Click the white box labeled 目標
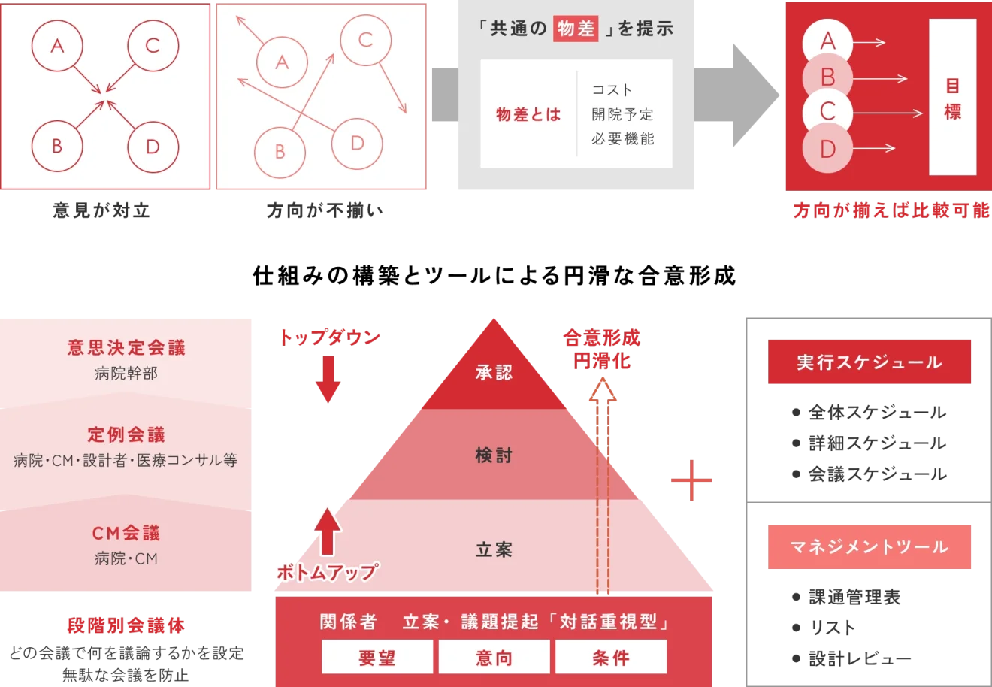(x=952, y=98)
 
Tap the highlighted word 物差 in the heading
(x=576, y=29)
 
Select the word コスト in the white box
(x=612, y=90)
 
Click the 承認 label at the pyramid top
(x=494, y=372)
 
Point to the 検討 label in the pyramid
(x=494, y=455)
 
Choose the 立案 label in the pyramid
(x=494, y=550)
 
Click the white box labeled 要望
(x=377, y=658)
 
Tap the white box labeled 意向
(x=494, y=658)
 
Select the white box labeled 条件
(x=610, y=658)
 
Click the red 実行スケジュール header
(x=869, y=362)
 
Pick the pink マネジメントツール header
(x=869, y=546)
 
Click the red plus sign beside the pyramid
(x=691, y=481)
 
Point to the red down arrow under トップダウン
(x=328, y=380)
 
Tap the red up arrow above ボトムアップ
(x=328, y=530)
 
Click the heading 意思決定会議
(x=126, y=347)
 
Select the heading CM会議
(x=126, y=533)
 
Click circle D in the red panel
(x=827, y=149)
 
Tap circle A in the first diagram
(x=57, y=47)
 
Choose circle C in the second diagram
(x=366, y=40)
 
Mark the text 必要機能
(x=622, y=139)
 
